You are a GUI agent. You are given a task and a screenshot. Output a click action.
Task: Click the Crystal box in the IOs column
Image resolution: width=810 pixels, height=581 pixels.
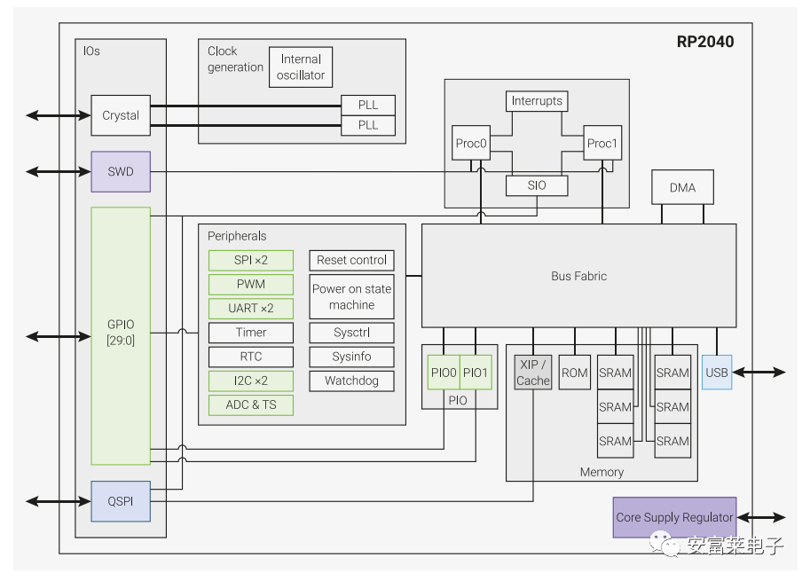click(x=121, y=115)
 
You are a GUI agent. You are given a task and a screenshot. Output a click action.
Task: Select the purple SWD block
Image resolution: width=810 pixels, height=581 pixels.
click(x=121, y=171)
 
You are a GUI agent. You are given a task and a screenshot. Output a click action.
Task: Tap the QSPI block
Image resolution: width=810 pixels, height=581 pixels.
click(x=121, y=501)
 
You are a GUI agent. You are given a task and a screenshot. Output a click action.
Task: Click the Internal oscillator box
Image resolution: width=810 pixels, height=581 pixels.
click(x=301, y=67)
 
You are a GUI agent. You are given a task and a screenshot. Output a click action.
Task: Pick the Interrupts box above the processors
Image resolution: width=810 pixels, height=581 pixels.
click(x=537, y=101)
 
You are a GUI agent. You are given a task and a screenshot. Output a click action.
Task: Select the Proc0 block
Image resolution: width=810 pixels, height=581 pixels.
click(x=471, y=143)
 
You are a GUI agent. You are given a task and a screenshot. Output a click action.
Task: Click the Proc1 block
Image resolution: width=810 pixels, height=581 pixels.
click(x=602, y=143)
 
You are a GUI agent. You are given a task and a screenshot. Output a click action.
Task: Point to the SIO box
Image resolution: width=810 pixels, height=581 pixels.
click(x=537, y=185)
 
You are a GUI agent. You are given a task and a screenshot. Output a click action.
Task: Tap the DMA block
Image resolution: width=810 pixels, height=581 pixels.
click(x=682, y=187)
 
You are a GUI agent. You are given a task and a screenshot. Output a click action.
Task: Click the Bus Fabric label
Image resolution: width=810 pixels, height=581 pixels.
click(x=578, y=276)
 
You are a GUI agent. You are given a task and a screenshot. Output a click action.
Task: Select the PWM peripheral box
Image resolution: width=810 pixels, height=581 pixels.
click(x=251, y=285)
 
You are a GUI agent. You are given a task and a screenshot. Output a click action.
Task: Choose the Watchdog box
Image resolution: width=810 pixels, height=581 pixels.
click(x=351, y=381)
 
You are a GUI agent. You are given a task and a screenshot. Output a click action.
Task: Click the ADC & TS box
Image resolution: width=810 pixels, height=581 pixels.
click(x=251, y=404)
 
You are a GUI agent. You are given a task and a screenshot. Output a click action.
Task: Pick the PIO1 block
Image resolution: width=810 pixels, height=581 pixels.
click(x=476, y=373)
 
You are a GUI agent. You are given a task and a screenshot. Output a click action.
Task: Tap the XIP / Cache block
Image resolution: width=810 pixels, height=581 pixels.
click(x=533, y=373)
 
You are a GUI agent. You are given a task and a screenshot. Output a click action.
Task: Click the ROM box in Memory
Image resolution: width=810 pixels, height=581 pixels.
click(x=575, y=373)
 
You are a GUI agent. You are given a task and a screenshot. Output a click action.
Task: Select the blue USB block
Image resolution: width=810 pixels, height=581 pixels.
click(x=717, y=373)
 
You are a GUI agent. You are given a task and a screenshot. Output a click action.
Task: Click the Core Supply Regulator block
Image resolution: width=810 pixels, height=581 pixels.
click(x=674, y=517)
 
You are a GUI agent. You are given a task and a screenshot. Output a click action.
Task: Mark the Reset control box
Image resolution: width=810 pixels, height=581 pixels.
click(x=351, y=260)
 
